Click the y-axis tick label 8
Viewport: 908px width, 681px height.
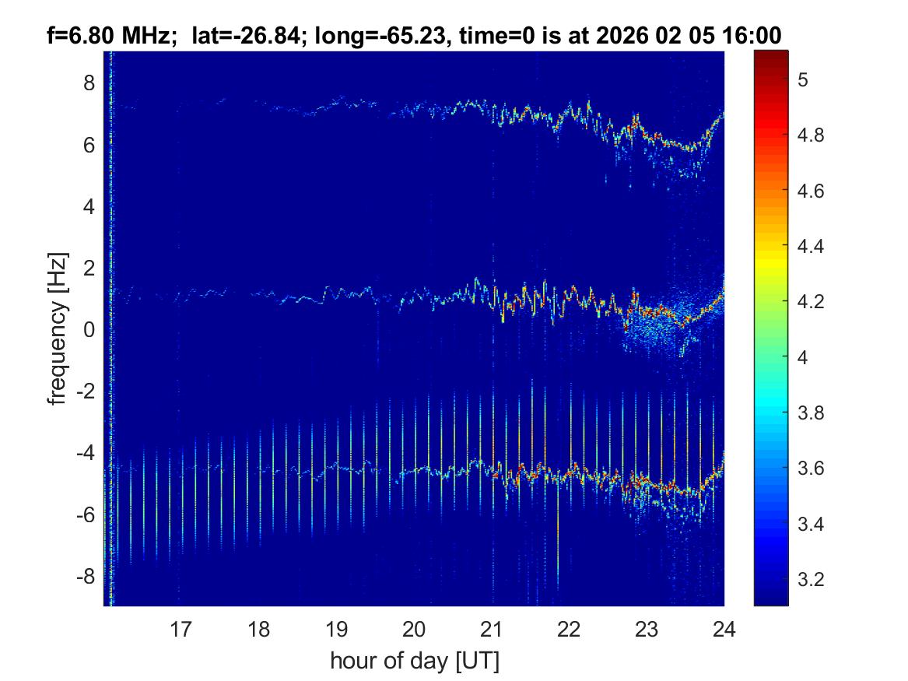pyautogui.click(x=89, y=82)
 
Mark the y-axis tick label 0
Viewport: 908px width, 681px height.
pyautogui.click(x=89, y=330)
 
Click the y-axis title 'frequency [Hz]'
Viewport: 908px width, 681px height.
pyautogui.click(x=58, y=328)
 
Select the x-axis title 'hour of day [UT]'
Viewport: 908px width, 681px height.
pyautogui.click(x=414, y=662)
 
